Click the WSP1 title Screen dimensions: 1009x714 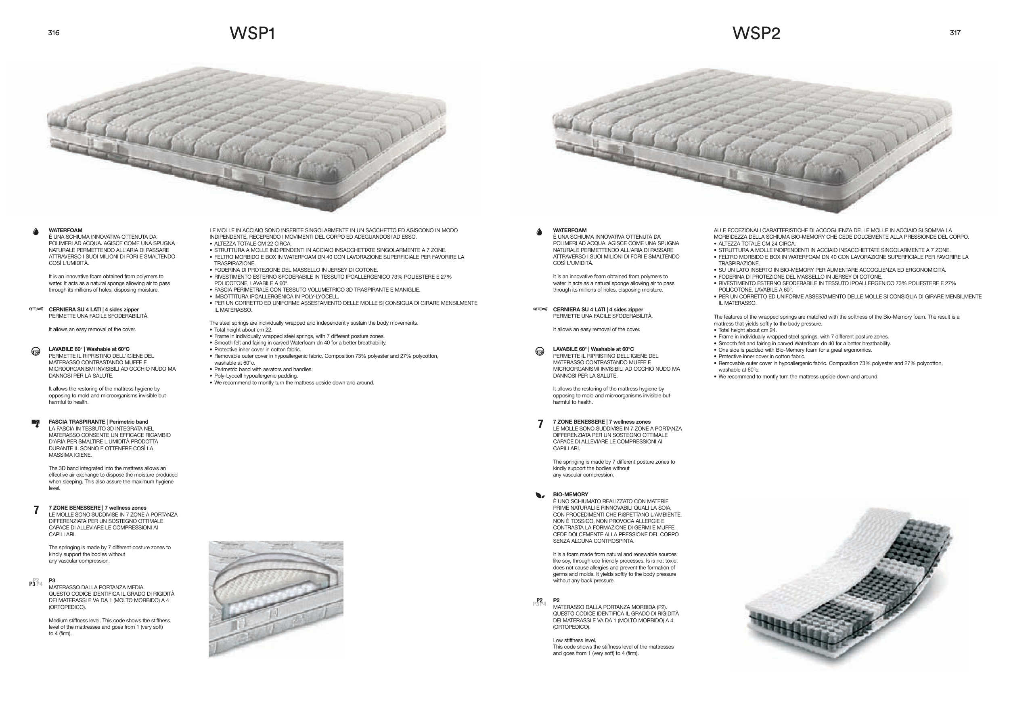tap(252, 34)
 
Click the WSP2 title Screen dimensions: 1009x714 tap(756, 34)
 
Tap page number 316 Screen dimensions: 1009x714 tap(54, 33)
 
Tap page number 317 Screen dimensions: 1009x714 tap(955, 33)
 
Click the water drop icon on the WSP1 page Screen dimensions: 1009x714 tap(36, 232)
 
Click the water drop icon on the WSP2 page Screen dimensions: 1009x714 tap(540, 232)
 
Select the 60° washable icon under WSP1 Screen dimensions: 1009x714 tap(36, 352)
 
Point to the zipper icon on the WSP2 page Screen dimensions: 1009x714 tap(540, 309)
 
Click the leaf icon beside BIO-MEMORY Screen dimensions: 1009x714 tap(540, 496)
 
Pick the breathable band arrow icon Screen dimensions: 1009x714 tap(36, 423)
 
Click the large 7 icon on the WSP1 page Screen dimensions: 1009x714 tap(36, 510)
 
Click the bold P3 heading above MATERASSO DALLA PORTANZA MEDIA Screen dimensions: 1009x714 tap(52, 581)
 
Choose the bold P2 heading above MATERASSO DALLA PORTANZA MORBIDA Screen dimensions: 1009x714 tap(556, 601)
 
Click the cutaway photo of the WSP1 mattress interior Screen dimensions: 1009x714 tap(276, 599)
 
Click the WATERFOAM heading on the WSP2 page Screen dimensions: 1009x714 tap(569, 230)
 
